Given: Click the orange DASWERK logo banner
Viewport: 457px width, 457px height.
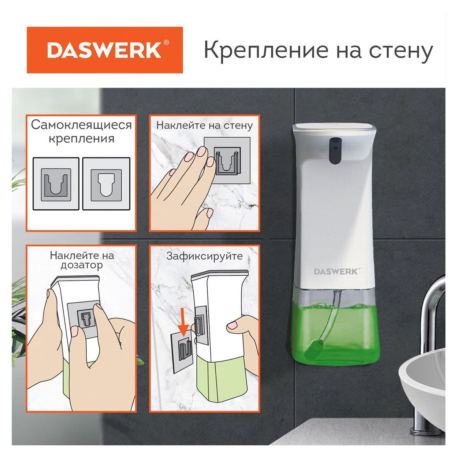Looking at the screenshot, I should pos(105,50).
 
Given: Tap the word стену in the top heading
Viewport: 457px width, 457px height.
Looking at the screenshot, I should pos(401,51).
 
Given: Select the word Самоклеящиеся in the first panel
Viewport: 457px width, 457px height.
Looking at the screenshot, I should pos(81,125).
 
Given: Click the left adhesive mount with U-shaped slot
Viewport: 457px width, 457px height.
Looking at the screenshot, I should pos(56,184).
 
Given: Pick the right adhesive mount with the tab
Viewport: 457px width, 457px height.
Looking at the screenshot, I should pos(106,184).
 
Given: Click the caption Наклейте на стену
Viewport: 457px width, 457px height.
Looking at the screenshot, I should pos(204,125).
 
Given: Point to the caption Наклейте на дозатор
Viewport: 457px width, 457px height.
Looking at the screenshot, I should pos(82,260).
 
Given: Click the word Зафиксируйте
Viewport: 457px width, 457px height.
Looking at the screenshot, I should pos(204,256).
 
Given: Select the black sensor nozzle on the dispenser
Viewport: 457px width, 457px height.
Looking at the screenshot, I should pos(335,149).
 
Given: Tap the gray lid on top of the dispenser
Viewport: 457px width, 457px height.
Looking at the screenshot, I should pos(334,129).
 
